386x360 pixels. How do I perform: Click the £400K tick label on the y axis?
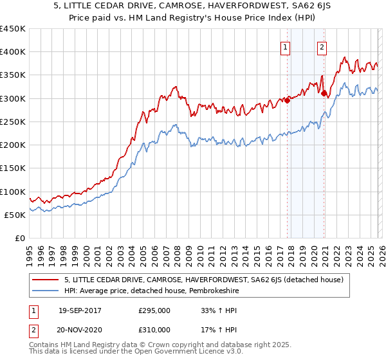point(13,52)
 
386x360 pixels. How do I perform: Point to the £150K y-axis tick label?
point(13,168)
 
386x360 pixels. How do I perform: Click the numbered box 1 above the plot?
point(284,46)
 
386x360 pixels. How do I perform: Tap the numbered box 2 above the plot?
point(321,46)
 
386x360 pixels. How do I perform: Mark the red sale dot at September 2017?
point(287,100)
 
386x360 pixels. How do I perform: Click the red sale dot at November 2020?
point(324,94)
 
